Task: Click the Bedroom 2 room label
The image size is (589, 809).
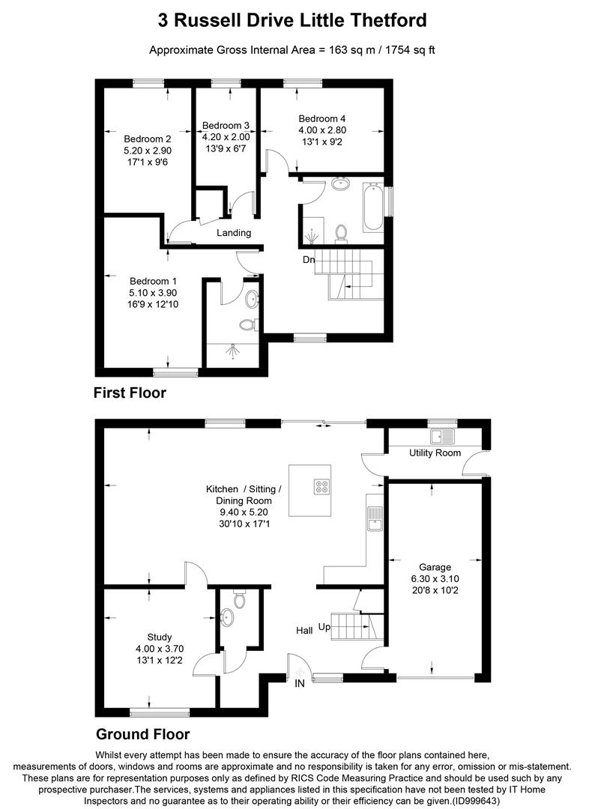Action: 148,139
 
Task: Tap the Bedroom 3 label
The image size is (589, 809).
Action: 226,125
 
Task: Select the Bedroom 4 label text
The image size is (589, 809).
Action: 321,118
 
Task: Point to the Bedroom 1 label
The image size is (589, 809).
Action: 153,282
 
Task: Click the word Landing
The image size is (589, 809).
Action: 234,233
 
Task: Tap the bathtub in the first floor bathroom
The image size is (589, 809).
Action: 372,206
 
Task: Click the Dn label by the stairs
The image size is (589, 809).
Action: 309,260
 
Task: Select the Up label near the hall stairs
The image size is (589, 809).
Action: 324,626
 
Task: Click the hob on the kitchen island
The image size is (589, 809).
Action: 324,487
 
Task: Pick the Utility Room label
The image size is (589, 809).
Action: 435,453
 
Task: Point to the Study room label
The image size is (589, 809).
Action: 160,637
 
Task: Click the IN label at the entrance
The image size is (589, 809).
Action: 300,684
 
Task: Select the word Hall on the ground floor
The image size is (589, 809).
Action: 303,631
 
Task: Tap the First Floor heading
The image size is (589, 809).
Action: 130,393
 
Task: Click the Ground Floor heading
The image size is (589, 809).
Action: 142,734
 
